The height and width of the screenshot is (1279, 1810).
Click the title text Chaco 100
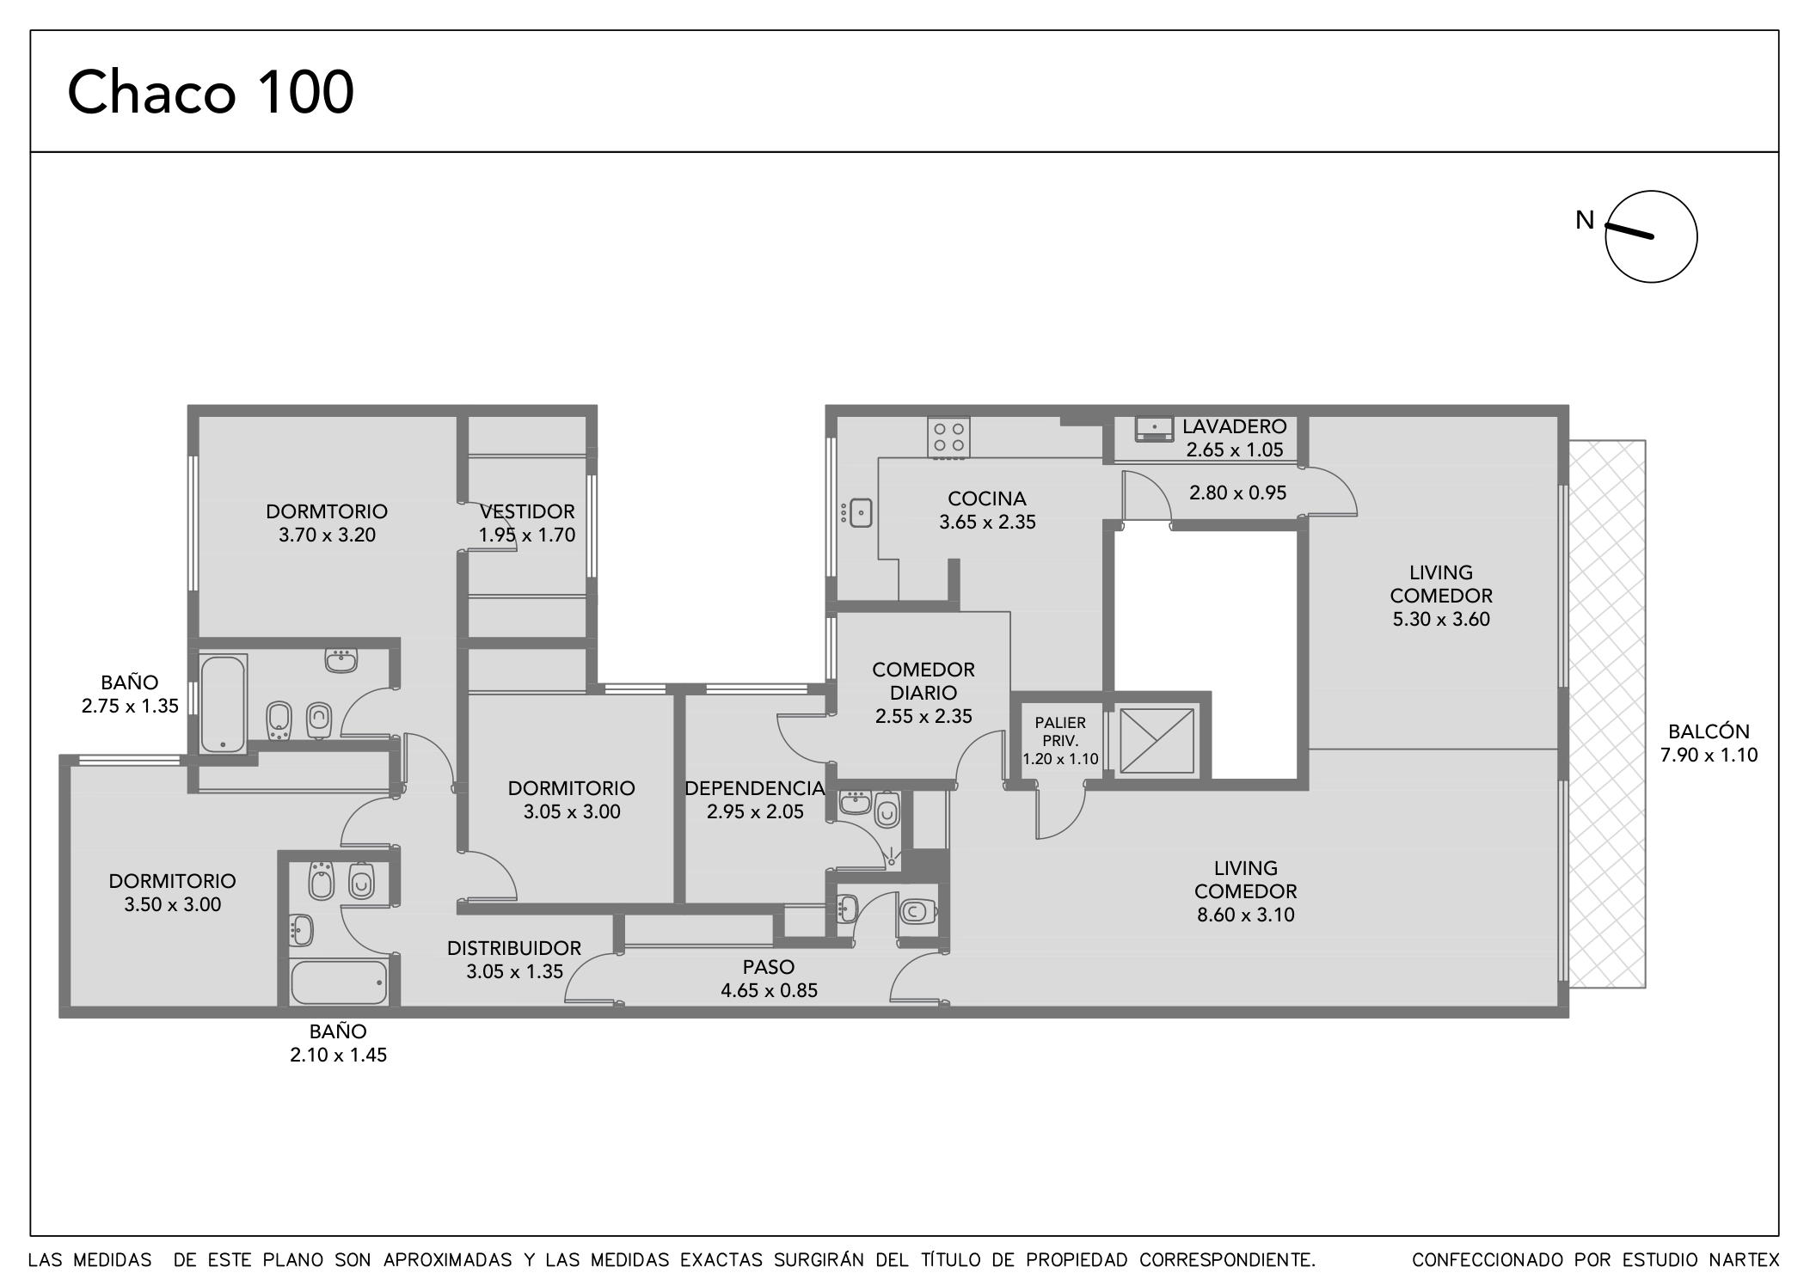[211, 93]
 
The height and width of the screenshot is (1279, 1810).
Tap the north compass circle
[1650, 236]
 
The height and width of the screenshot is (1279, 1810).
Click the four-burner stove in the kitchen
[948, 437]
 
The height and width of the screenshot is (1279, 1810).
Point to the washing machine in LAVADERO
[1153, 428]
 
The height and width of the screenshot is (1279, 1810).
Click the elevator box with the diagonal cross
[1157, 740]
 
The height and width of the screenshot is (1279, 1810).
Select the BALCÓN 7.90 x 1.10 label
[1708, 744]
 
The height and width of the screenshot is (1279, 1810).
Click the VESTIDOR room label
[527, 512]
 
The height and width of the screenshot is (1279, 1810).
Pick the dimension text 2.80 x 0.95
[1237, 493]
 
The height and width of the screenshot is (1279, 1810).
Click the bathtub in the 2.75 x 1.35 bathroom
[223, 704]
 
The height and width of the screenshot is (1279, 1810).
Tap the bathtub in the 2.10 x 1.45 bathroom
[339, 982]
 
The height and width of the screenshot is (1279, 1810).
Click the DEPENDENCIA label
[754, 788]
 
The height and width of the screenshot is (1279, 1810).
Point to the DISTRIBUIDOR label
[514, 948]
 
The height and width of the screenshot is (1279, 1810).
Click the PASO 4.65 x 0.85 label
[769, 979]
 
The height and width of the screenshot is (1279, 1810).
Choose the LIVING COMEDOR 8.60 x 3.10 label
[1245, 891]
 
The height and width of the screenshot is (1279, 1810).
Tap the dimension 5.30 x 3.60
[1440, 619]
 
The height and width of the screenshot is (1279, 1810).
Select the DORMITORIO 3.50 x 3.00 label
[172, 892]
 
